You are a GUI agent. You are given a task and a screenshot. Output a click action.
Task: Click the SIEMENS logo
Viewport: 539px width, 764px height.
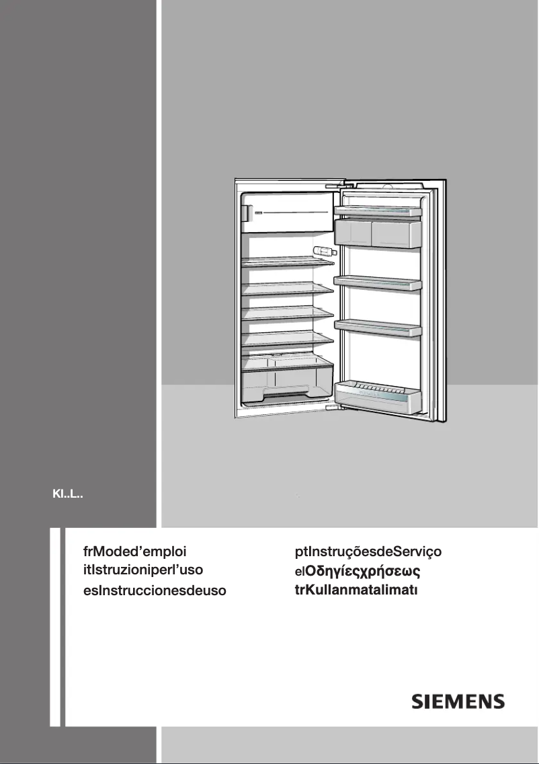pos(458,701)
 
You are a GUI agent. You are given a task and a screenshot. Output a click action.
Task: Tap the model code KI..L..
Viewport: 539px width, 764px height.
pos(68,494)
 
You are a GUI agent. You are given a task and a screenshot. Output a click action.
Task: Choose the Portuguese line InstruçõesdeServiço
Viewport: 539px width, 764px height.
pos(375,552)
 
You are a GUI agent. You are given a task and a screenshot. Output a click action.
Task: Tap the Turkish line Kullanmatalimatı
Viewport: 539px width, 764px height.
pos(363,590)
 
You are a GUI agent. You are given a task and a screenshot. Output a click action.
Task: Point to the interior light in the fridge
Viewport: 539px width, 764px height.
pos(323,252)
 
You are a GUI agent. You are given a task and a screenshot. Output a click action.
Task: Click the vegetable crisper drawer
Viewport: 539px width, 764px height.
pos(287,379)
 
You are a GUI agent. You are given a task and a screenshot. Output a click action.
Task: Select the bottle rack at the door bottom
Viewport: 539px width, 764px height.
pos(377,395)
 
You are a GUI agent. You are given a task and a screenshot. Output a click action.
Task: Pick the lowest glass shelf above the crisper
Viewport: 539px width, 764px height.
pos(288,339)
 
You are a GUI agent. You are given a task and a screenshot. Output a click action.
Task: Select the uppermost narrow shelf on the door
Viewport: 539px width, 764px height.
pos(377,211)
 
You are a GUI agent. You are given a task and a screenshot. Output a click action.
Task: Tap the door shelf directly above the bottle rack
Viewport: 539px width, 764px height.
pos(377,327)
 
